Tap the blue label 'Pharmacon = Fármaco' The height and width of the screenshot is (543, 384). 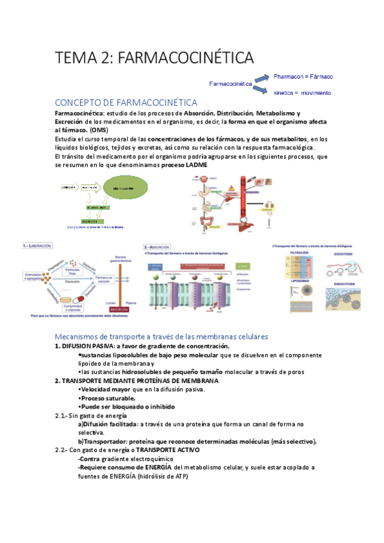[303, 77]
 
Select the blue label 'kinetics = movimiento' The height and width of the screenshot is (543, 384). [303, 93]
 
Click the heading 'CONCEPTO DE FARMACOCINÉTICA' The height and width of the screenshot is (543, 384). [126, 103]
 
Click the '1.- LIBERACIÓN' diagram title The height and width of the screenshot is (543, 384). [38, 245]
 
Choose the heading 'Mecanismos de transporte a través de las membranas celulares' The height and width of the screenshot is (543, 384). [162, 337]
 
